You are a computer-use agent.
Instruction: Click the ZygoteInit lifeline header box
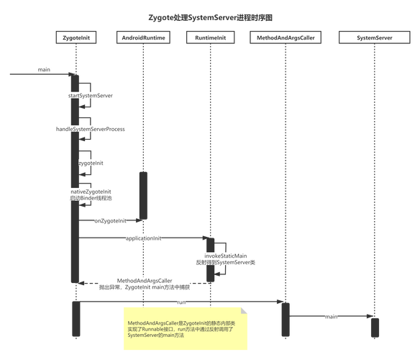(x=76, y=37)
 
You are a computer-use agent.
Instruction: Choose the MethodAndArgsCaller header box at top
(x=285, y=37)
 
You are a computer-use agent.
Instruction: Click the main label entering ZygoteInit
(x=45, y=69)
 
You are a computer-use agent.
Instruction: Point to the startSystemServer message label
(x=91, y=95)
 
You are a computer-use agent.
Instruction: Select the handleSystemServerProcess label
(x=91, y=129)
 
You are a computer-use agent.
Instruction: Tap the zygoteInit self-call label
(x=91, y=163)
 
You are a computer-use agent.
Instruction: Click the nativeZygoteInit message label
(x=91, y=194)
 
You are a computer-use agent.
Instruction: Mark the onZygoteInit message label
(x=109, y=221)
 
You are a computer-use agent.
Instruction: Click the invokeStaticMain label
(x=226, y=259)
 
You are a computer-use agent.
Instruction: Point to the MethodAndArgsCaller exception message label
(x=144, y=284)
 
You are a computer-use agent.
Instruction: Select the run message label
(x=181, y=302)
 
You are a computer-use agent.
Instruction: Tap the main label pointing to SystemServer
(x=330, y=316)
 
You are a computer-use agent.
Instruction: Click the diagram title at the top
(x=209, y=16)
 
